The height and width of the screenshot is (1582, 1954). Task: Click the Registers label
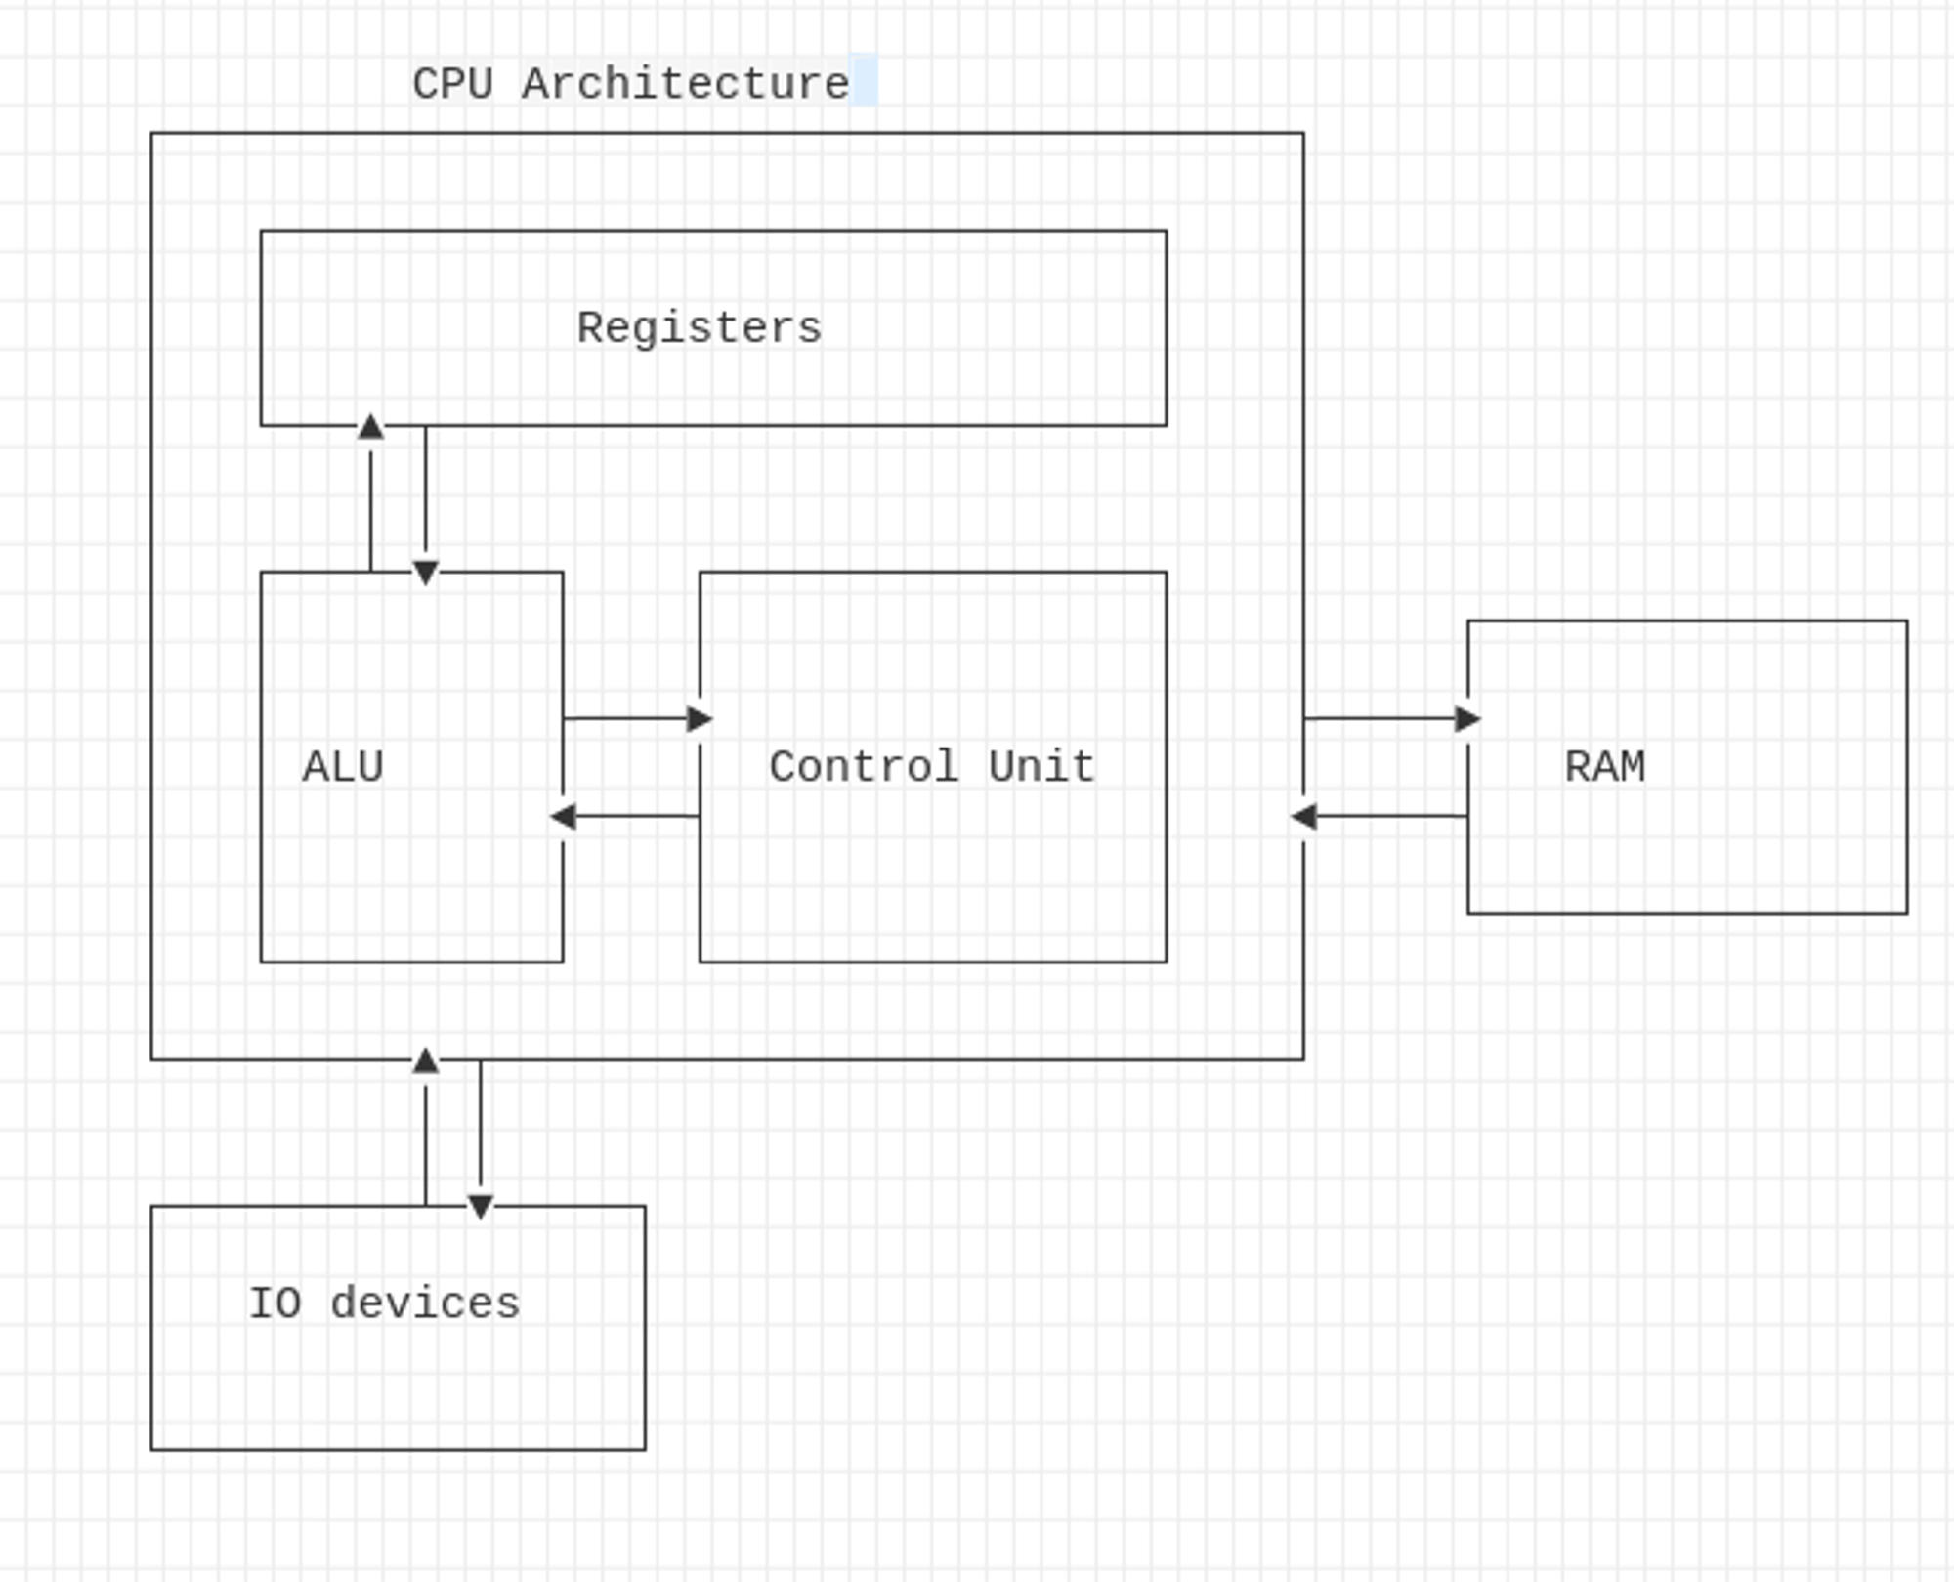pyautogui.click(x=700, y=328)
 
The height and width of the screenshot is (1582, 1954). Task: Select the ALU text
pyautogui.click(x=343, y=767)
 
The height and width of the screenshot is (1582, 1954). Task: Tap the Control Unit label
pyautogui.click(x=932, y=767)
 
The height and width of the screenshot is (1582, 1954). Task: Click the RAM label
pyautogui.click(x=1605, y=767)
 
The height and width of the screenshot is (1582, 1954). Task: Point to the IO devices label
pyautogui.click(x=385, y=1304)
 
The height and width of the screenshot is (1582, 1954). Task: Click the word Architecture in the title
pyautogui.click(x=686, y=84)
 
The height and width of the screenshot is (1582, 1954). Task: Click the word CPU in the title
pyautogui.click(x=452, y=84)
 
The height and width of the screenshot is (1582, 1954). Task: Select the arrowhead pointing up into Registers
pyautogui.click(x=370, y=427)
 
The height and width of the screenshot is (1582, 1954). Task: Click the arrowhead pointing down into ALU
pyautogui.click(x=425, y=572)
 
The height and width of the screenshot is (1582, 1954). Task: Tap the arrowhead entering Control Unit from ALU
pyautogui.click(x=699, y=719)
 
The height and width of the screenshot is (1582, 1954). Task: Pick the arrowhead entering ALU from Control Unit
pyautogui.click(x=564, y=816)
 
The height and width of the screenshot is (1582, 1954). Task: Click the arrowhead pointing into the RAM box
pyautogui.click(x=1466, y=719)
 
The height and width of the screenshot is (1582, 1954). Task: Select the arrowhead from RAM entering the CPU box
pyautogui.click(x=1304, y=816)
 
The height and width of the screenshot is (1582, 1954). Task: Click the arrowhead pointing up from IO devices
pyautogui.click(x=425, y=1061)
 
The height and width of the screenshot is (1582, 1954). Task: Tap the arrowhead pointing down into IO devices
pyautogui.click(x=480, y=1207)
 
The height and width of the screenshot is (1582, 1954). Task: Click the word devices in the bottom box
pyautogui.click(x=425, y=1304)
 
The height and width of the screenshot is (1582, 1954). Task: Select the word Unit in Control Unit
pyautogui.click(x=1041, y=767)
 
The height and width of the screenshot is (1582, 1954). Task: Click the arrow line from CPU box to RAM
pyautogui.click(x=1378, y=719)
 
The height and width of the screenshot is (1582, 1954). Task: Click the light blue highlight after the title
pyautogui.click(x=864, y=80)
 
